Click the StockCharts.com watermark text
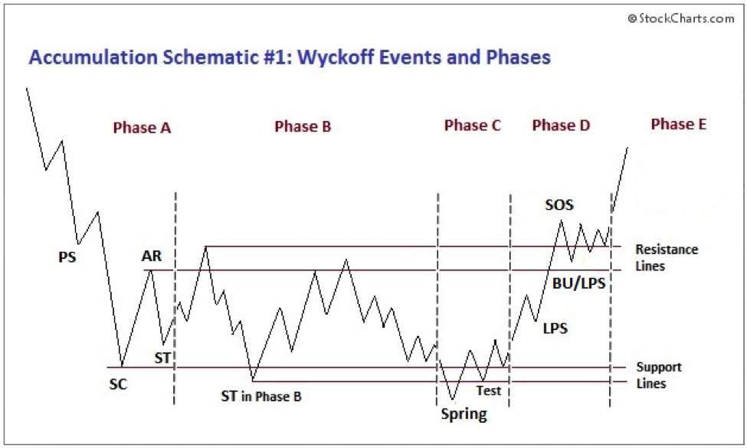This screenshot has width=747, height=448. (x=680, y=18)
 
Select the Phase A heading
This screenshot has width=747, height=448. (x=142, y=128)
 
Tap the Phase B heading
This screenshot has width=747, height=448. (x=303, y=126)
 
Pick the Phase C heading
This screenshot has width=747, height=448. (x=472, y=126)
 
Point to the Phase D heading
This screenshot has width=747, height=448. (x=561, y=126)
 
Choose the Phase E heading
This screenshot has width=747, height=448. (x=678, y=123)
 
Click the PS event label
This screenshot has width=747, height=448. (x=67, y=257)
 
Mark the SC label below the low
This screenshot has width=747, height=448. (x=117, y=384)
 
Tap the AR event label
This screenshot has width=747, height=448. (x=152, y=257)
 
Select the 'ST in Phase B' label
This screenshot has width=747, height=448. (x=261, y=396)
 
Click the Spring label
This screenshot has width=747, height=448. (x=464, y=415)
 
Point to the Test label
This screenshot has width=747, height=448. (x=488, y=391)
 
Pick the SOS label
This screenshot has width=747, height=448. (x=559, y=204)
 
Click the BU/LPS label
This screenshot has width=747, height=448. (x=579, y=283)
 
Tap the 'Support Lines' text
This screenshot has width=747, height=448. (x=658, y=375)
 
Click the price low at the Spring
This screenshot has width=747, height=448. (x=453, y=400)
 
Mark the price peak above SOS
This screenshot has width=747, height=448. (x=562, y=221)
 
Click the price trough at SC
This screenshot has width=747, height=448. (x=121, y=367)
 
